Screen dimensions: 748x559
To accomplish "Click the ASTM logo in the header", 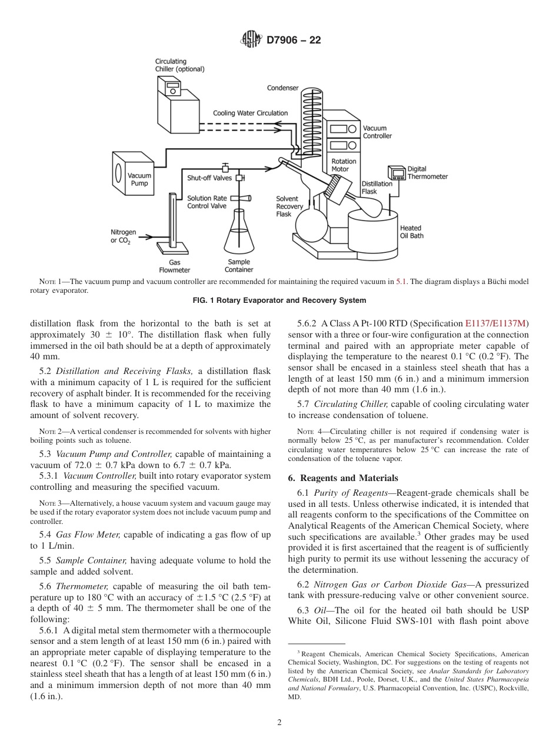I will [251, 40].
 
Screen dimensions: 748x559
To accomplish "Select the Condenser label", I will [282, 88].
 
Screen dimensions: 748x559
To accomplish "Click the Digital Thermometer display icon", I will [396, 173].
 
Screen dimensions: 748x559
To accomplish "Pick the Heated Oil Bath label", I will [411, 232].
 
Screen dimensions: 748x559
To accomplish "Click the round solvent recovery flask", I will [311, 223].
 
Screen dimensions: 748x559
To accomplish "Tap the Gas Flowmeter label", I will [175, 266].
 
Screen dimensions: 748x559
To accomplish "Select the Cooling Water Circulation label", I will [250, 113].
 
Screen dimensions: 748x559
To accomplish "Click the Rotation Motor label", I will [344, 165].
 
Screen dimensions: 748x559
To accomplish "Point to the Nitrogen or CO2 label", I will [123, 236].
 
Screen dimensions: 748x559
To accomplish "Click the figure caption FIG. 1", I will [279, 300].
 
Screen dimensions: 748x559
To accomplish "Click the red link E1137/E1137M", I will [497, 323].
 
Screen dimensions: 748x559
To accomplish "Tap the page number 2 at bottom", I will [279, 723].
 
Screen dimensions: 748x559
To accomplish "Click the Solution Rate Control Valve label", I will [207, 202].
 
